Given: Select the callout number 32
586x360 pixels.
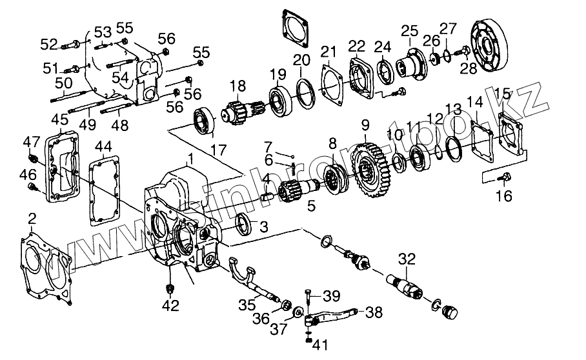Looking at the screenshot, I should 407,259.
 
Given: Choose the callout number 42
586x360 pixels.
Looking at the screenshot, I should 170,306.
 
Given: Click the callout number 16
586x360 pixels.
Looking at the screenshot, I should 505,195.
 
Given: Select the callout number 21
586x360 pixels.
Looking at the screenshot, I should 329,52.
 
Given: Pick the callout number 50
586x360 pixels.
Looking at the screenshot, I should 63,83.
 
